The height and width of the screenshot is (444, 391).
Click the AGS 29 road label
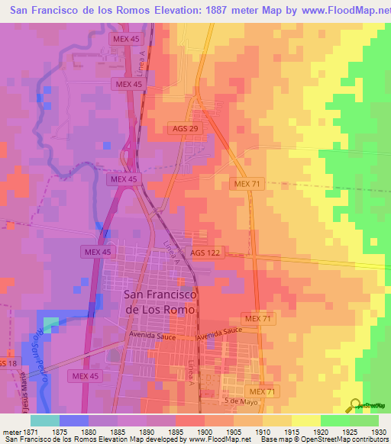point(185,129)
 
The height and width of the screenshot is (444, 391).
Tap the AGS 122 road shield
point(205,253)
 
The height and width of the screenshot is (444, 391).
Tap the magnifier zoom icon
point(354,406)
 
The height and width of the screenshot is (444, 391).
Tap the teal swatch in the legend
point(45,420)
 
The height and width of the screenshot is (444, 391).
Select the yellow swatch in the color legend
point(305,420)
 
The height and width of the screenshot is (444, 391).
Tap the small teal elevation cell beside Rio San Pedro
point(50,324)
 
